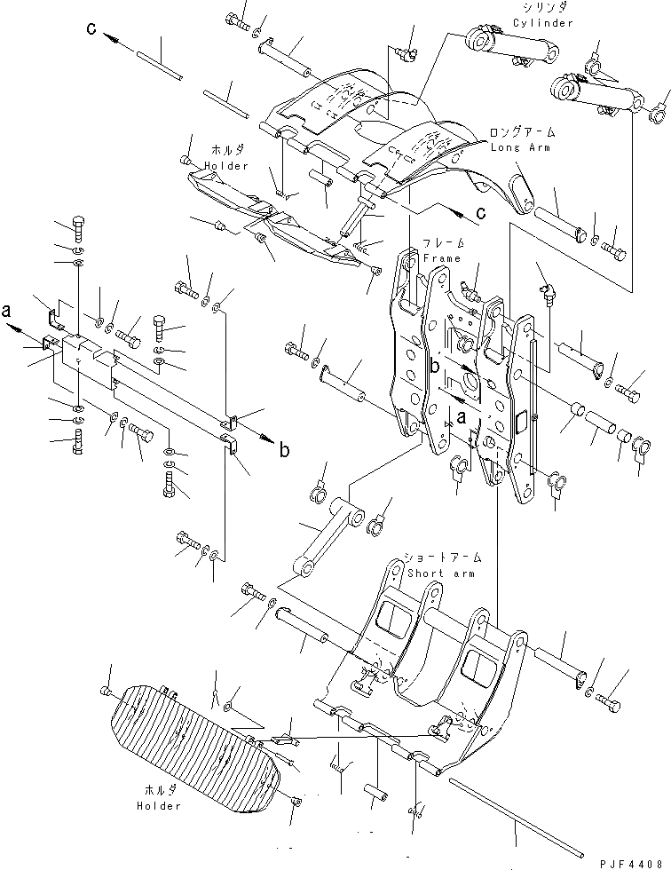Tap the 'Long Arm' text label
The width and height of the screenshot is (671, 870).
(519, 147)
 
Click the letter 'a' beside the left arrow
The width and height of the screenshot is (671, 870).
(7, 311)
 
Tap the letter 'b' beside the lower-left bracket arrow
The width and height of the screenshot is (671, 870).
(285, 450)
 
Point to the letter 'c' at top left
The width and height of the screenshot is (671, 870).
(91, 29)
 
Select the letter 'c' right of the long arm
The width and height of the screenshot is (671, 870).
(480, 214)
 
